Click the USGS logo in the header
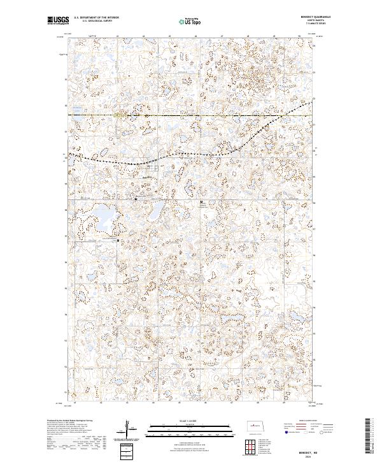pos(58,20)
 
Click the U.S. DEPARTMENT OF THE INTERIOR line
pos(96,18)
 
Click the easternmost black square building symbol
pos(202,202)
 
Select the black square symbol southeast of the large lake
pos(118,240)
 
